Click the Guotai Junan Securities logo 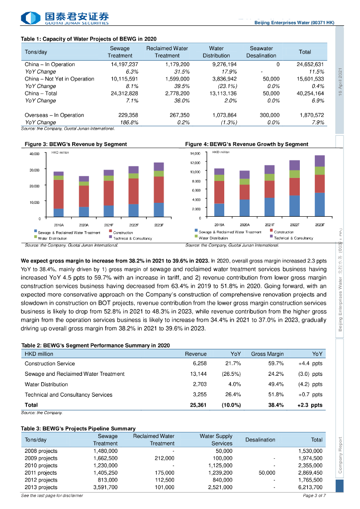click(x=65, y=18)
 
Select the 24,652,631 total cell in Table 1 click(x=310, y=64)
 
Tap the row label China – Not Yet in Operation click(x=59, y=79)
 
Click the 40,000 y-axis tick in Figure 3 click(x=35, y=154)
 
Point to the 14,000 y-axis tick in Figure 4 click(x=195, y=154)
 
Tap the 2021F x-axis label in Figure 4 click(x=270, y=225)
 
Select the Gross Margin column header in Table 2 click(x=267, y=354)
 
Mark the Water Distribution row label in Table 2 click(x=46, y=384)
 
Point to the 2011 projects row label click(x=41, y=473)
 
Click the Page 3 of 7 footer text click(x=314, y=496)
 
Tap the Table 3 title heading click(x=78, y=428)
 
